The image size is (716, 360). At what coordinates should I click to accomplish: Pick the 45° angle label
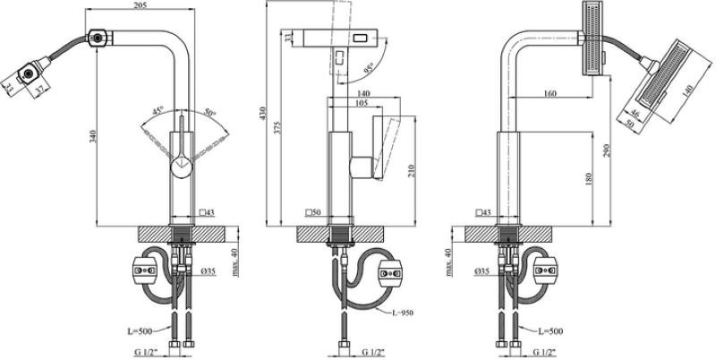[158, 111]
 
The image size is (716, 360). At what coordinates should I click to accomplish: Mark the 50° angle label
[209, 112]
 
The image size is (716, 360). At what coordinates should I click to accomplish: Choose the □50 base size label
[312, 212]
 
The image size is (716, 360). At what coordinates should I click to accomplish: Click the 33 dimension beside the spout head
[287, 37]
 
